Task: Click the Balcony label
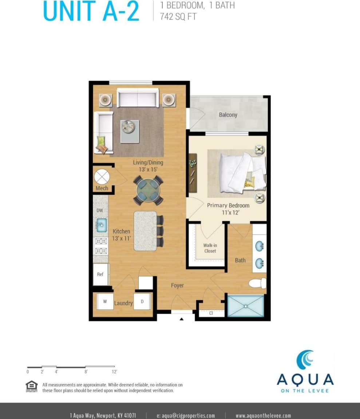(228, 115)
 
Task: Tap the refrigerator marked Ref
(100, 274)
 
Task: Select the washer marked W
(105, 301)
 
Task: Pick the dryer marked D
(142, 301)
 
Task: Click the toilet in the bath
(258, 283)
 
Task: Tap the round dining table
(148, 190)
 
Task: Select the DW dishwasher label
(100, 211)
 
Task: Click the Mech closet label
(102, 188)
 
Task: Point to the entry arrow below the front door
(181, 319)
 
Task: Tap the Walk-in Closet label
(210, 248)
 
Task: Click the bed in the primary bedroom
(240, 172)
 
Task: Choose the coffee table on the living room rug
(130, 131)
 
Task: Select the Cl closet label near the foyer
(211, 313)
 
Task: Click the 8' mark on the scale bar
(86, 372)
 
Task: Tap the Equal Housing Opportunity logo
(32, 386)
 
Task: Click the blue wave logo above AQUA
(305, 360)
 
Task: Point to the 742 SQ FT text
(178, 16)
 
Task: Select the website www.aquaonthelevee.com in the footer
(263, 415)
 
